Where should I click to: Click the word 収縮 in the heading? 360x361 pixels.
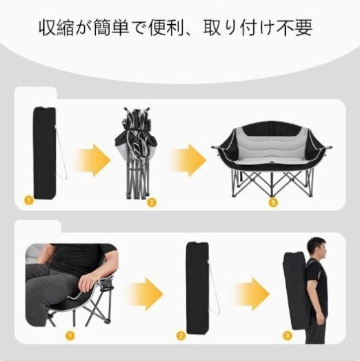point(56,28)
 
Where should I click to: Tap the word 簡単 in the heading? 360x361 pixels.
point(111,28)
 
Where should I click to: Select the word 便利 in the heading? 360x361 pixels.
point(166,28)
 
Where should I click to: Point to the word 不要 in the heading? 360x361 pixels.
point(295,28)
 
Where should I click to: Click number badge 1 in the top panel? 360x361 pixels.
point(28,200)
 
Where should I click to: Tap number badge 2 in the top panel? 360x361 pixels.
point(151,202)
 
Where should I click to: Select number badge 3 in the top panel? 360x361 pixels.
point(273,203)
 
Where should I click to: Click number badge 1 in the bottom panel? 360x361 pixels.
point(70,335)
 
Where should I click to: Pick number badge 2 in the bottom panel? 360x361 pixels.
point(181,335)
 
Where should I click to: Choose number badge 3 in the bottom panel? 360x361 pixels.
point(287,335)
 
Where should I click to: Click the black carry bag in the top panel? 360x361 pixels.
point(45,153)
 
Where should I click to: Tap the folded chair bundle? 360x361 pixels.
point(137,153)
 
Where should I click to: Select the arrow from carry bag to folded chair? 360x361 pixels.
point(91,160)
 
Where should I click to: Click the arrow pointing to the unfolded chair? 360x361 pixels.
point(188,160)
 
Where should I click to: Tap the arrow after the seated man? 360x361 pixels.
point(145,294)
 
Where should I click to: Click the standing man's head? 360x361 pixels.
point(318,248)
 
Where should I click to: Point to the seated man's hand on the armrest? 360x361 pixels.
point(88,282)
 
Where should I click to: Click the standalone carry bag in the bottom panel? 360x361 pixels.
point(197,288)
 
